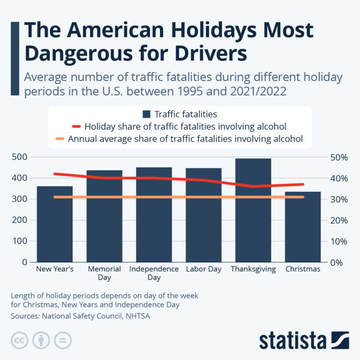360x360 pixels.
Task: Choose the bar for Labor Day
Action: point(203,215)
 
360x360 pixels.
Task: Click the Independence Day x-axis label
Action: point(154,273)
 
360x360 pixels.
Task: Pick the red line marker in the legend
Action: point(77,126)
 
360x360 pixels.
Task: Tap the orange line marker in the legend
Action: point(61,138)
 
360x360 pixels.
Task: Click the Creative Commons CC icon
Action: point(19,340)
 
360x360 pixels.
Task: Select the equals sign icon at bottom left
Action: point(63,340)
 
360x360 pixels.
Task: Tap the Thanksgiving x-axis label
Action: point(253,269)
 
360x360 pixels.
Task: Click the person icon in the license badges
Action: point(41,340)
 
